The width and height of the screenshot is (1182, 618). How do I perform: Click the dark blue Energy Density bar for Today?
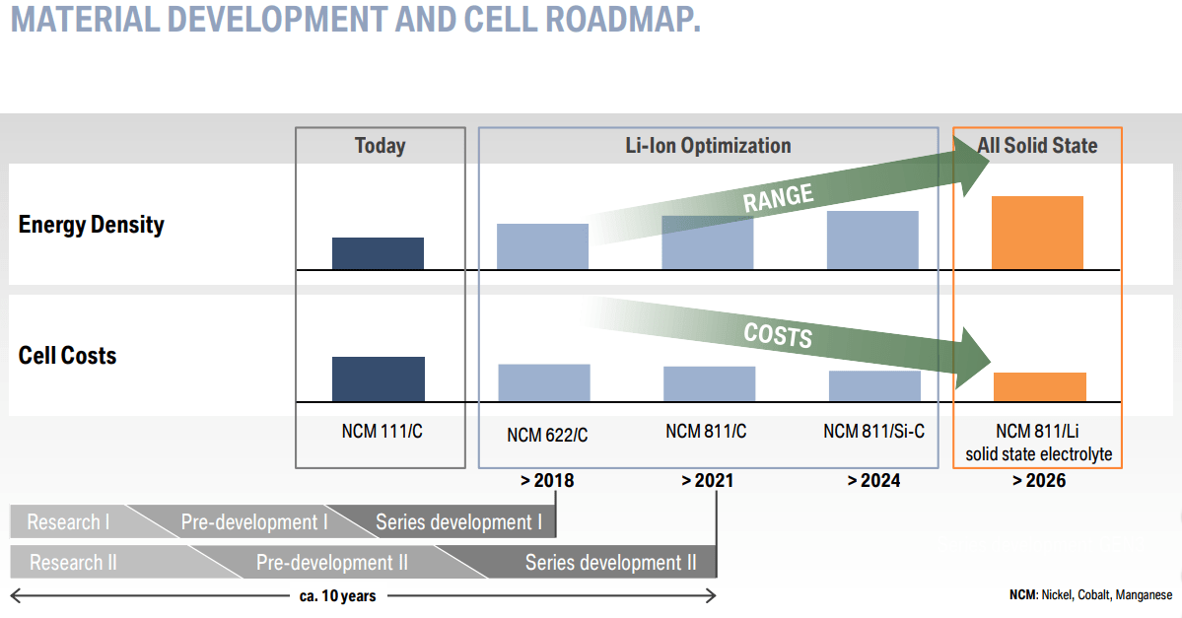(x=378, y=253)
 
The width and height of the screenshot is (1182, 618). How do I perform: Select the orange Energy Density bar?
(x=1037, y=233)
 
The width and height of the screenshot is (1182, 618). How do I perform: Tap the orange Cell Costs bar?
(x=1039, y=386)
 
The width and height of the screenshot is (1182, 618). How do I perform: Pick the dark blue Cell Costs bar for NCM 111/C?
(x=378, y=378)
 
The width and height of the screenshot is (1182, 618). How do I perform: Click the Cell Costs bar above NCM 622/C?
(x=543, y=382)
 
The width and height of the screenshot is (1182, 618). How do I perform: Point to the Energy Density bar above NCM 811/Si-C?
(x=872, y=240)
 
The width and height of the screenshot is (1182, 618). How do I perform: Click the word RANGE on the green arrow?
(x=778, y=198)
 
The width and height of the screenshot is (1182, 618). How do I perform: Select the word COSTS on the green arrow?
(x=778, y=335)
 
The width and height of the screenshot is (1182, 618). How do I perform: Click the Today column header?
(x=380, y=146)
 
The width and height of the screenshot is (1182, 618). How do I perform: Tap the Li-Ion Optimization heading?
(x=708, y=146)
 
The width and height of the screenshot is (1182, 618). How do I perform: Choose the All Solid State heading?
(x=1037, y=146)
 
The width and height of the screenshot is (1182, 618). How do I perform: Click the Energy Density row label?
(x=91, y=225)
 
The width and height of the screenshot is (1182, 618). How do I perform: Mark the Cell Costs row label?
(x=67, y=356)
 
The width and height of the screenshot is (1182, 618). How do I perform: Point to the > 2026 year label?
(x=1038, y=481)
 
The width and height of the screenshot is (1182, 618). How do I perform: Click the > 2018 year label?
(x=546, y=481)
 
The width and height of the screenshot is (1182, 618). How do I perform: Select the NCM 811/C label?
(x=706, y=431)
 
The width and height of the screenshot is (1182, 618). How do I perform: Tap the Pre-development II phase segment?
(x=332, y=563)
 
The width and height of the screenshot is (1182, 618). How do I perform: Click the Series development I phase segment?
(x=458, y=522)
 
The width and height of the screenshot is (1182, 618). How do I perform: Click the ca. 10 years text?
(x=337, y=595)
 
